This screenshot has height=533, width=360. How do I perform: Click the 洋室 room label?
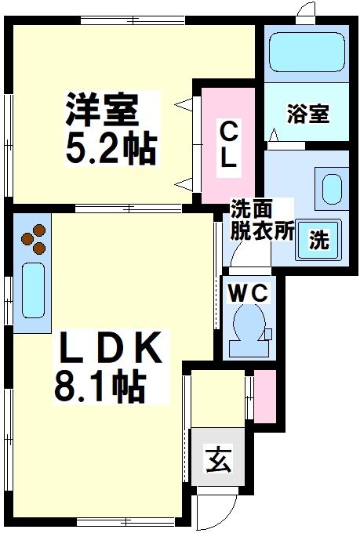101,111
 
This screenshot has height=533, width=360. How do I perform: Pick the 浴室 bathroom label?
307,114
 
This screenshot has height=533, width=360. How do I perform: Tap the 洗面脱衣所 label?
261,221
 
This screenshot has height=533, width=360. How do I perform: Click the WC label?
249,293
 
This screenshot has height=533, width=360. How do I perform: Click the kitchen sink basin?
33,290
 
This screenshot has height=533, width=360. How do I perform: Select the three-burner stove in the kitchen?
33,240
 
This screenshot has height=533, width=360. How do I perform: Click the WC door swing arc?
233,254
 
